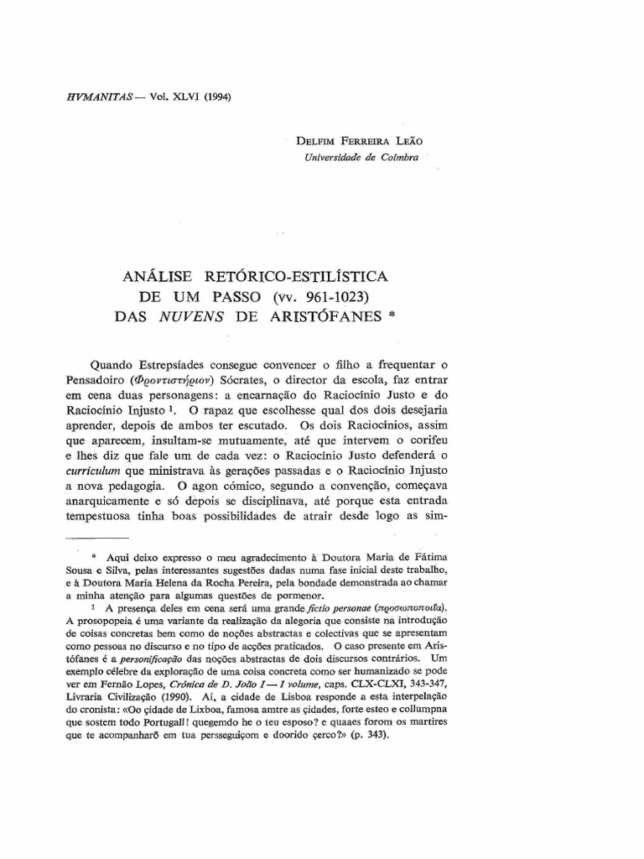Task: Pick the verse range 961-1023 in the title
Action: (322, 297)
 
